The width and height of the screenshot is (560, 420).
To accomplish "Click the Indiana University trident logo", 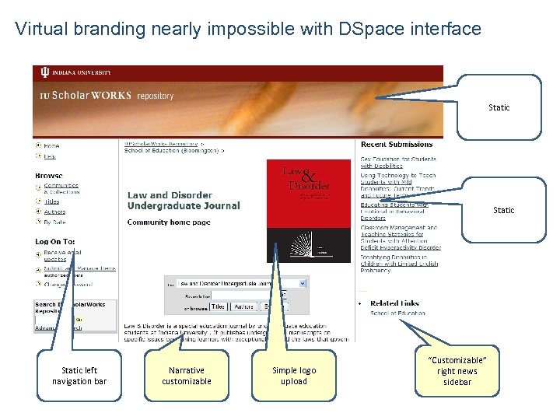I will [x=44, y=72].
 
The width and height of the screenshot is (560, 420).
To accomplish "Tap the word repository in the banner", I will [x=155, y=96].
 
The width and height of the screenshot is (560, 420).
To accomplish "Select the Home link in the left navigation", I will [x=51, y=145].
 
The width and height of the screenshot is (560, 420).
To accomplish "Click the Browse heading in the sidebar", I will [x=49, y=176].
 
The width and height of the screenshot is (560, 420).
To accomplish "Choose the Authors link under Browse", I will [x=54, y=212].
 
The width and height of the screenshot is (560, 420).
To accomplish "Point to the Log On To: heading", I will [x=55, y=242].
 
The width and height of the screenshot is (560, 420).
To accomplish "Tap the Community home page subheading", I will [x=169, y=222].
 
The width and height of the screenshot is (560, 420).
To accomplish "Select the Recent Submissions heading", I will [x=397, y=145].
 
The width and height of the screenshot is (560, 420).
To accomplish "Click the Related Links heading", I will [x=394, y=303].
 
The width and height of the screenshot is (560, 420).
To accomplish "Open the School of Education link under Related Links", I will [x=397, y=313].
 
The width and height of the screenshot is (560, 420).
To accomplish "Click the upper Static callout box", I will [x=499, y=107].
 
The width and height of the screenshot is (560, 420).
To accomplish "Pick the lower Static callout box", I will [x=503, y=210].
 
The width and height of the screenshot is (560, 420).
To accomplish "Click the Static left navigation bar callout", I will [x=79, y=376].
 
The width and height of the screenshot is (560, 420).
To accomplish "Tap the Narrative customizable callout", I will [x=187, y=376].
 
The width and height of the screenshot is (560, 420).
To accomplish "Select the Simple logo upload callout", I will [x=294, y=376].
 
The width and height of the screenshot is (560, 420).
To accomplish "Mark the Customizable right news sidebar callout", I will [x=457, y=371].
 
